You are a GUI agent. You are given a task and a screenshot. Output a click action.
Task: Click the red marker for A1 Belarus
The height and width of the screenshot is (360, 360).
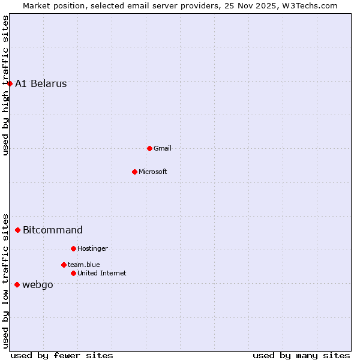tap(10, 83)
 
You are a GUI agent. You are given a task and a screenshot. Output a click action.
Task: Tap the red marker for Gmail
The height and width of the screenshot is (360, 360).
tap(149, 148)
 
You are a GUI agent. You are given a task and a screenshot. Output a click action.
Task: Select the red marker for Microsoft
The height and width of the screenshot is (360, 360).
tap(134, 172)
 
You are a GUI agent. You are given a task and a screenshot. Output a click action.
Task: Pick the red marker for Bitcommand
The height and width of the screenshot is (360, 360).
tap(17, 230)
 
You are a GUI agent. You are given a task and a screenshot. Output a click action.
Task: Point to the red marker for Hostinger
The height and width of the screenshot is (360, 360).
tap(73, 248)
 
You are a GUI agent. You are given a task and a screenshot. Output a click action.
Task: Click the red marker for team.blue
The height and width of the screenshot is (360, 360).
tap(64, 265)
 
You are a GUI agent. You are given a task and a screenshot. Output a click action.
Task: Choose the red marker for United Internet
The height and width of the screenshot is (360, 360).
tap(73, 273)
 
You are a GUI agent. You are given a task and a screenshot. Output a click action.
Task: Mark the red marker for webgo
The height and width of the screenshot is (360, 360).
tap(17, 284)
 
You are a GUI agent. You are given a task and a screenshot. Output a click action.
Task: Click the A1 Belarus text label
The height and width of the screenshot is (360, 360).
tap(41, 84)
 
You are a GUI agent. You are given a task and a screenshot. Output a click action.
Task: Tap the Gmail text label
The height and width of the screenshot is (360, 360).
tap(163, 148)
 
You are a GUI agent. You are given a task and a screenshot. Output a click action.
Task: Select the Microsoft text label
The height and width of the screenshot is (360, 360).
tap(153, 172)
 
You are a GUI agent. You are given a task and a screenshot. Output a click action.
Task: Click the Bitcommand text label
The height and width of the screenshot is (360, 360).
tap(53, 230)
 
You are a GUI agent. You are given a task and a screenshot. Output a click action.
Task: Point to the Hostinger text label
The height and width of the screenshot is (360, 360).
tap(92, 248)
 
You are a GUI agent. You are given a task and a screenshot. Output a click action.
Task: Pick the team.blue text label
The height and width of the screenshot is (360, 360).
tap(84, 265)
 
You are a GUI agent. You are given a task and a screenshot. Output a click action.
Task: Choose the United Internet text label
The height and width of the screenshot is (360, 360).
tap(102, 273)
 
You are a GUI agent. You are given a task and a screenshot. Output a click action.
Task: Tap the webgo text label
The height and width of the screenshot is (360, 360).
tap(38, 284)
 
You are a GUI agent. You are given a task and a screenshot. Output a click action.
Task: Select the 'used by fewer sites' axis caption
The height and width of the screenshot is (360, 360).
tap(62, 355)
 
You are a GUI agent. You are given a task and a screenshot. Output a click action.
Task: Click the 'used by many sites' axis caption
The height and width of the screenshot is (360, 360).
tap(301, 355)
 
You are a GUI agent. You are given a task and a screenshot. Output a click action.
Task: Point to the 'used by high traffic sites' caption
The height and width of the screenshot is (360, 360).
tap(5, 85)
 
